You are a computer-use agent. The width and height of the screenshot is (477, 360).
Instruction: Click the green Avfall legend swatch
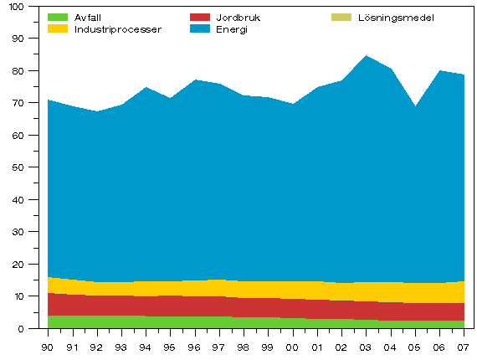58,17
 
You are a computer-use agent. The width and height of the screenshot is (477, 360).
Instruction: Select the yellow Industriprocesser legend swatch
58,28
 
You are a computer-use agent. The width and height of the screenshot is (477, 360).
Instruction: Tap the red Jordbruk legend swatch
200,17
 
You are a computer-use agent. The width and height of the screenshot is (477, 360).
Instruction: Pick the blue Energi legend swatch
200,28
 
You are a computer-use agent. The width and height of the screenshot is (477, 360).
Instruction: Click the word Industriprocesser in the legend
118,28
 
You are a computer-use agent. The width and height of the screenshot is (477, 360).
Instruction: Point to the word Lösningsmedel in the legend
396,17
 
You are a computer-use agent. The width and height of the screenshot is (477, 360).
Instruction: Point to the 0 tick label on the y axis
23,329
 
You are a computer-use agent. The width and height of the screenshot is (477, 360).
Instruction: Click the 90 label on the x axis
48,347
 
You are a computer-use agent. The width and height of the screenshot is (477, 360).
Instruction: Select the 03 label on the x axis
366,347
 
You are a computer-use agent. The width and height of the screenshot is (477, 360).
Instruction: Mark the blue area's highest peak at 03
366,56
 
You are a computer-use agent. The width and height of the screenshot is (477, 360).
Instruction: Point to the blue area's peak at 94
146,87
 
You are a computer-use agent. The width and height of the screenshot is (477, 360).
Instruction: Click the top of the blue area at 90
49,100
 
